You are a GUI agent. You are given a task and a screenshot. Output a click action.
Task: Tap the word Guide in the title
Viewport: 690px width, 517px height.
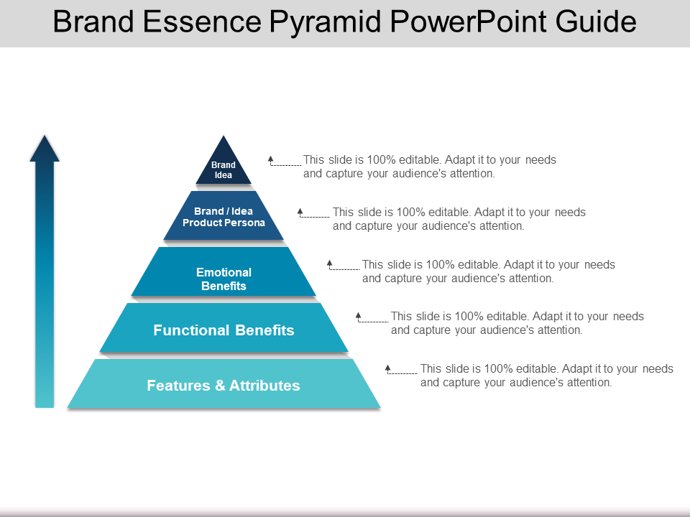coord(597,23)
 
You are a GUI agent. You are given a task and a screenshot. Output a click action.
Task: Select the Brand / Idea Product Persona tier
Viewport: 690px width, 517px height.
coord(224,217)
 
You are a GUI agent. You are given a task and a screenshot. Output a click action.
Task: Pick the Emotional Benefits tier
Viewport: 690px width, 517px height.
coord(224,279)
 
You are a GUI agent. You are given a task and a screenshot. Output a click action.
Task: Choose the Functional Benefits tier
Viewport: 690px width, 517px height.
coord(224,330)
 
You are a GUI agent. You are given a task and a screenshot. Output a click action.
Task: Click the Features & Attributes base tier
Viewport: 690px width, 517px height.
coord(224,386)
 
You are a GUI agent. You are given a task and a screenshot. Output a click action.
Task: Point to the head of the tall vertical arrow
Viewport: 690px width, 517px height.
coord(45,147)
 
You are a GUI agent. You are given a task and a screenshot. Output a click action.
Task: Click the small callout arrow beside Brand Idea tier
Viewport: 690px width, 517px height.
coord(271,159)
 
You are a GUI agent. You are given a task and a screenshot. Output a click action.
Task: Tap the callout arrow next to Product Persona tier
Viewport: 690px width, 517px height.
coord(300,212)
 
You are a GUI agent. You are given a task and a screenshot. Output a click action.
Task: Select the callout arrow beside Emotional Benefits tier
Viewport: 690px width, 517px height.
coord(330,264)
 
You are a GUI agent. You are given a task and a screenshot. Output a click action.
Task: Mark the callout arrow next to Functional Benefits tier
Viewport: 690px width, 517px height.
coord(359,316)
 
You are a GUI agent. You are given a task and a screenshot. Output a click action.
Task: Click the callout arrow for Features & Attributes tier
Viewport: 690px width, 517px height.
coord(388,368)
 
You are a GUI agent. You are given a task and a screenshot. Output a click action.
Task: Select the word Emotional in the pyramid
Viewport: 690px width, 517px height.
coord(224,272)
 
